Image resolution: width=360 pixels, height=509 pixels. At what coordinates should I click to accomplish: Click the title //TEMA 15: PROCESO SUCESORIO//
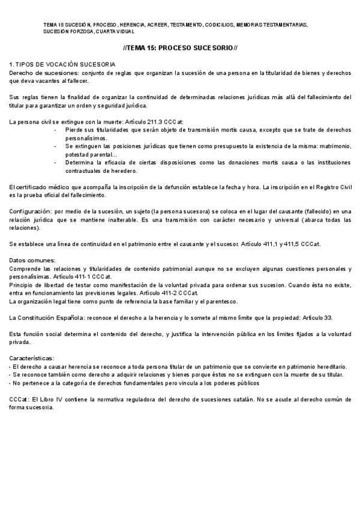tap(180, 47)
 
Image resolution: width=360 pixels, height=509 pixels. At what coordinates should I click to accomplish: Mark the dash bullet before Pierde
tap(55, 130)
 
